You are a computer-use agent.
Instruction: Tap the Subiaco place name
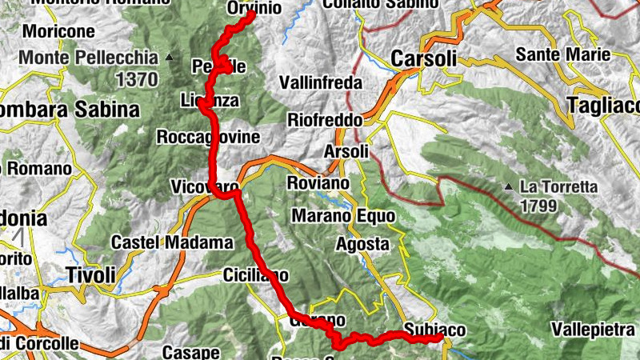click(x=434, y=329)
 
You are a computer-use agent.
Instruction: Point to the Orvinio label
click(x=254, y=8)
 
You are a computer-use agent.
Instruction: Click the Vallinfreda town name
click(x=321, y=82)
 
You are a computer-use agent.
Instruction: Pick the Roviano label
click(x=318, y=183)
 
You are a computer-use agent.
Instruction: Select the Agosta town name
click(x=362, y=243)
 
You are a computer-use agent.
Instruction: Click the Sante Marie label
click(x=563, y=55)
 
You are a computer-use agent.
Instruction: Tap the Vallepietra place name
click(x=595, y=330)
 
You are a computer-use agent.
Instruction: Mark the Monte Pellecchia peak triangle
click(x=169, y=58)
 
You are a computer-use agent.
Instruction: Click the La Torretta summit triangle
click(x=509, y=187)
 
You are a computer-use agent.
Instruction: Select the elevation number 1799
click(x=546, y=206)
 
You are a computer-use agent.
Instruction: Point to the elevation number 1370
click(x=138, y=79)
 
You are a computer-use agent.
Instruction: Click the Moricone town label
click(x=60, y=32)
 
